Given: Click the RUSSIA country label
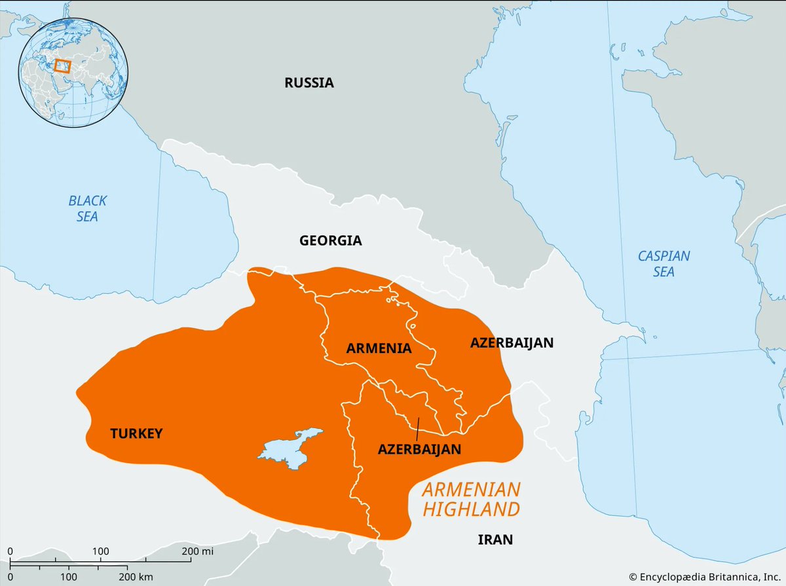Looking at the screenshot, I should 309,82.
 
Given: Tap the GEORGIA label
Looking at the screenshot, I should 330,240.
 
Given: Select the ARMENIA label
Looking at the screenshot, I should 379,348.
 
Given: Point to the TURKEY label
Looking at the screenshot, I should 136,433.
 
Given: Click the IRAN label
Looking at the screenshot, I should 495,540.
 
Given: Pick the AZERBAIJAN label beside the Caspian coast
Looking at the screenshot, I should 512,342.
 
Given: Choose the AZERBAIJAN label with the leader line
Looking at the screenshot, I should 419,450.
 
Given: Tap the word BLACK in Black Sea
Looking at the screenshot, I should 87,201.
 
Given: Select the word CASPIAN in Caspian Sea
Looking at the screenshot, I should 664,256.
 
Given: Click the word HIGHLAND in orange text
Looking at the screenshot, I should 472,509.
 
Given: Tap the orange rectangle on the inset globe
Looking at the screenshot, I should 62,65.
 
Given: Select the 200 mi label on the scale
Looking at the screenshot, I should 197,551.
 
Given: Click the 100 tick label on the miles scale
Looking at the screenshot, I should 100,551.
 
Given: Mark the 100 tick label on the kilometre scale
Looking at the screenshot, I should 69,576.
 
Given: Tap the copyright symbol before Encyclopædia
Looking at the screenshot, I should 633,576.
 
